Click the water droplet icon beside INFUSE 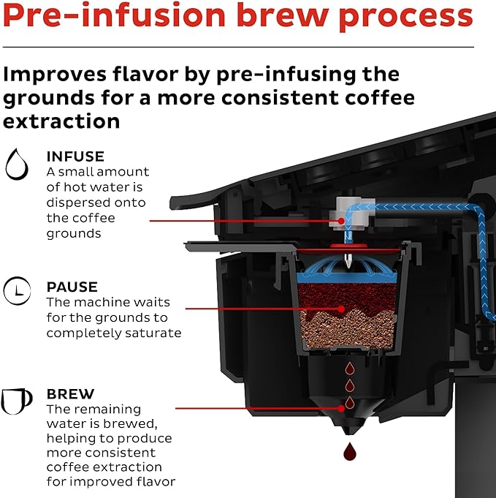coord(16,165)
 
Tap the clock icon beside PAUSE coord(16,292)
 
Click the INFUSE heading coord(75,156)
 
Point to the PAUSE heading coord(72,287)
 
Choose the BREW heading coord(70,394)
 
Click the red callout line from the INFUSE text coord(241,219)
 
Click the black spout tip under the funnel coord(348,426)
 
